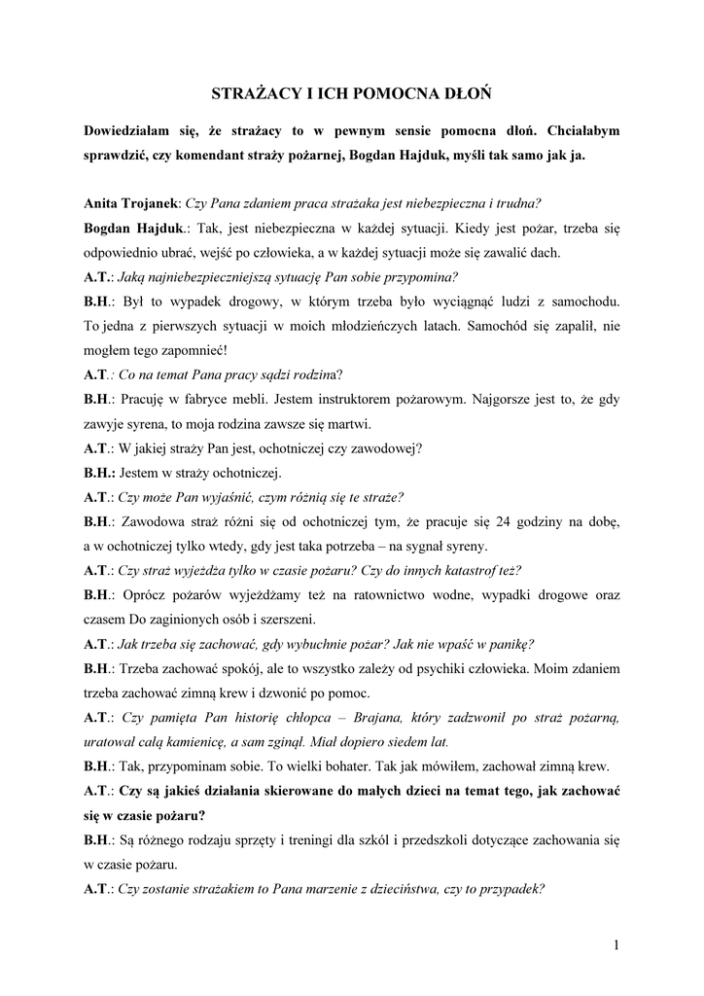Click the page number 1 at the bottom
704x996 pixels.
click(x=616, y=943)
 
